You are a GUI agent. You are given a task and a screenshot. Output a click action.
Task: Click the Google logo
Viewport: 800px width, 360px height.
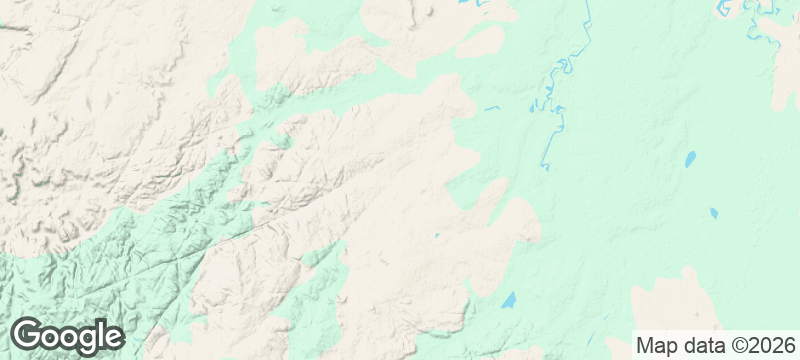coord(67,335)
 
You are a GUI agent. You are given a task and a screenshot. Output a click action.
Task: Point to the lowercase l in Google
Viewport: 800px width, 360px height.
coord(100,334)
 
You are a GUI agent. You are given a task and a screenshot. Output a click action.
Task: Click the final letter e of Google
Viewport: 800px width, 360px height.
coord(113,337)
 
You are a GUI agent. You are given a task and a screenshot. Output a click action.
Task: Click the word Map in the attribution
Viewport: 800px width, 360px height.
coord(656,346)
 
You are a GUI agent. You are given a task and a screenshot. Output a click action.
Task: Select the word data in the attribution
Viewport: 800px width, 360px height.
coord(701,346)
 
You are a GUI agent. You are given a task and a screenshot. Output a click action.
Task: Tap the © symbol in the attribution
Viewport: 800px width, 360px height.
coord(736,346)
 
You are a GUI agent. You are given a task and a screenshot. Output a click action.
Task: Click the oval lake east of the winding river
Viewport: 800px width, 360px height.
coord(689,158)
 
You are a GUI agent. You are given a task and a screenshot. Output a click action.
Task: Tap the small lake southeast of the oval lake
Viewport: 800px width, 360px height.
coord(713,213)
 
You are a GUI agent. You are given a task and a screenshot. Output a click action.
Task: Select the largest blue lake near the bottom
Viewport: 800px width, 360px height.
coord(509,299)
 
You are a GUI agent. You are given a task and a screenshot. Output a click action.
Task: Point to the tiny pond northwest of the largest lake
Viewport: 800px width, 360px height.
coord(437,236)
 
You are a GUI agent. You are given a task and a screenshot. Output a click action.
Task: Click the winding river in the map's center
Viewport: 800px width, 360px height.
coord(553,110)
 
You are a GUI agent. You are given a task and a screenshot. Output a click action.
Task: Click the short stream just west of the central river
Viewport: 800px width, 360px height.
coord(491,107)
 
